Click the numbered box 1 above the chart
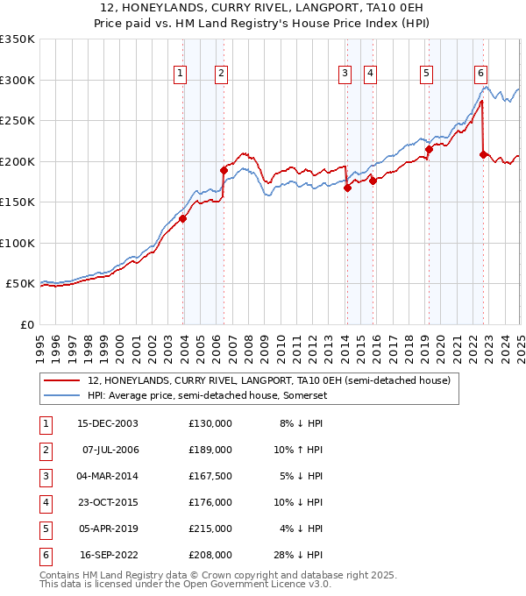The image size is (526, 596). coord(180,74)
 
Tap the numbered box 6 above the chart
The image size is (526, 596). coord(481,74)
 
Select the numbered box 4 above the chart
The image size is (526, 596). coord(371,74)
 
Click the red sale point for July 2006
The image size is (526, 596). coord(224,170)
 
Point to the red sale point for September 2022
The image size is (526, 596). coord(483,154)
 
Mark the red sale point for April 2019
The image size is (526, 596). coord(429,149)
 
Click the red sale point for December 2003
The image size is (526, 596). coord(183,218)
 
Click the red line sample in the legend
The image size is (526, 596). coord(62,380)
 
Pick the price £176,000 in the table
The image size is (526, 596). coord(210,503)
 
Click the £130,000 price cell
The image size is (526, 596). coord(210,424)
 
